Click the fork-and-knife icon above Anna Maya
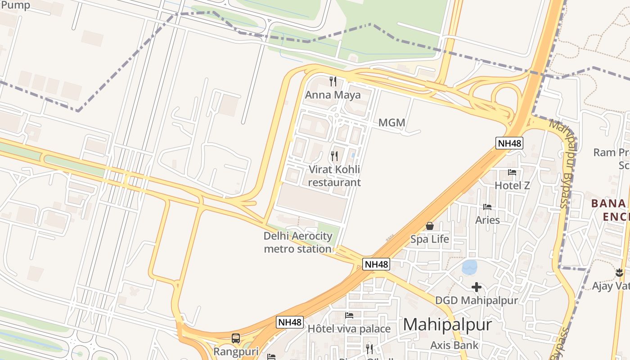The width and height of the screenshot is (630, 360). pyautogui.click(x=333, y=81)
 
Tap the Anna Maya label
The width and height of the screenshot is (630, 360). pyautogui.click(x=333, y=95)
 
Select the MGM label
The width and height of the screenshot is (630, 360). pyautogui.click(x=391, y=122)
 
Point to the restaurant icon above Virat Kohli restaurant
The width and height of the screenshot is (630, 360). pyautogui.click(x=334, y=156)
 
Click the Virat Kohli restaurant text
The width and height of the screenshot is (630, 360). pyautogui.click(x=334, y=176)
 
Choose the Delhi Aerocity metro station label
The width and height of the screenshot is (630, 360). pyautogui.click(x=298, y=242)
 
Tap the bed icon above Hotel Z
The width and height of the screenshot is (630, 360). pyautogui.click(x=512, y=172)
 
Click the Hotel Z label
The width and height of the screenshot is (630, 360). pyautogui.click(x=512, y=185)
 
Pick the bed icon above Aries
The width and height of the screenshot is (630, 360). pyautogui.click(x=487, y=207)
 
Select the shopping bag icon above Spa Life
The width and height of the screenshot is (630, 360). pyautogui.click(x=430, y=226)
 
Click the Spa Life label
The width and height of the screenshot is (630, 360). pyautogui.click(x=430, y=239)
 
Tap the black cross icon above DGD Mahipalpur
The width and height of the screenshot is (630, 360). pyautogui.click(x=477, y=287)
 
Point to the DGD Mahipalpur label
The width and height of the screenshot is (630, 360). pyautogui.click(x=477, y=300)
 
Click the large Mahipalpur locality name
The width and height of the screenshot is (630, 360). pyautogui.click(x=447, y=324)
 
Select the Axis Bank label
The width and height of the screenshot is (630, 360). pyautogui.click(x=454, y=345)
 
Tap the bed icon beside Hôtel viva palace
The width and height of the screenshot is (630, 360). pyautogui.click(x=349, y=315)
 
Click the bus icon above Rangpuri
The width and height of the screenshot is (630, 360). pyautogui.click(x=236, y=338)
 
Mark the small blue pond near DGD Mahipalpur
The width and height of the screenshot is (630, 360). pyautogui.click(x=470, y=267)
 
